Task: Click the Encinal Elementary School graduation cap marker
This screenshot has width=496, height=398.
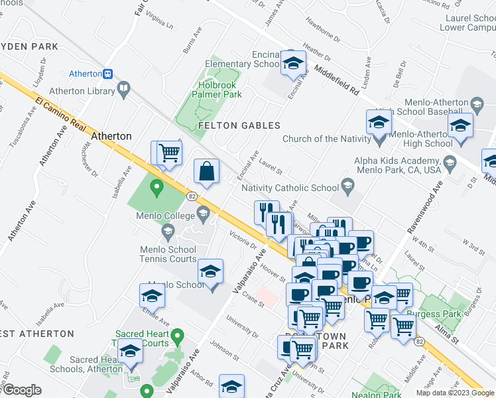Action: pos(292,63)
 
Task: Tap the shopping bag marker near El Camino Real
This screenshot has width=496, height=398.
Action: pos(207,171)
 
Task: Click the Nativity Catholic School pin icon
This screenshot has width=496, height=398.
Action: pos(347,185)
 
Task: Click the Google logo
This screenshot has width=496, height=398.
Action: pos(22,390)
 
